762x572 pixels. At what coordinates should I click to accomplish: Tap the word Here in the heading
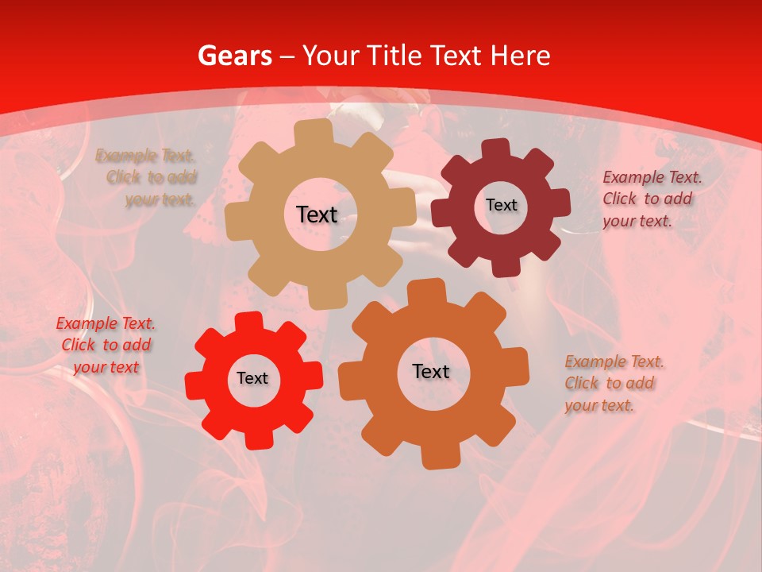tap(520, 56)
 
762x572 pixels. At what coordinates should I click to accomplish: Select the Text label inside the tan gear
tap(317, 214)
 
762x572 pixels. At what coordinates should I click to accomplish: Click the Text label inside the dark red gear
tap(501, 205)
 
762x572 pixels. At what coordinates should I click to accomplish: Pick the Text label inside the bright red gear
tap(252, 378)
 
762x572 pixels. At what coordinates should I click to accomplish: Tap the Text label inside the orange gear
tap(431, 371)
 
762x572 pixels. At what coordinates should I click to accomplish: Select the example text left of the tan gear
tap(146, 177)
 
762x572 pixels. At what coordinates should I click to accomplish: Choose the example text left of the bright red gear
tap(106, 345)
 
